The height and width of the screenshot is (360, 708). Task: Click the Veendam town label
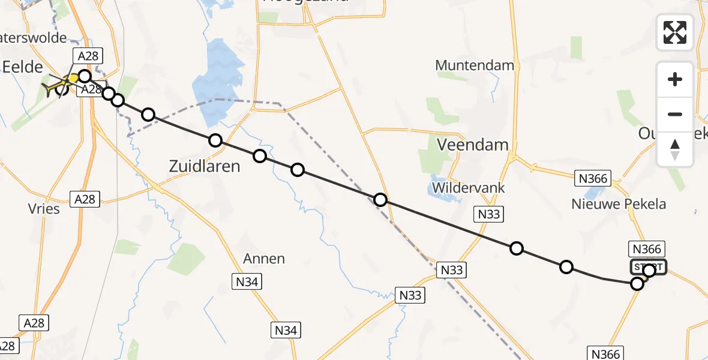click(x=473, y=145)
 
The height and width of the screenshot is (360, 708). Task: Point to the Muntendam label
click(x=475, y=65)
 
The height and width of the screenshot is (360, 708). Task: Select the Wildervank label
click(x=468, y=188)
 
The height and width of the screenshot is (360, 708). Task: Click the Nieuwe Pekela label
click(x=619, y=204)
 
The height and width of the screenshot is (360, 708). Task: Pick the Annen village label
click(x=264, y=259)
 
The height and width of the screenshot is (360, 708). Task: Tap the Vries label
click(x=44, y=209)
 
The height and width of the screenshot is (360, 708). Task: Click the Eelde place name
click(x=22, y=67)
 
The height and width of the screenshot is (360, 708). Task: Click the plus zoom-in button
click(x=675, y=79)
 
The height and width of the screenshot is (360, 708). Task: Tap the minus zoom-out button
click(x=675, y=114)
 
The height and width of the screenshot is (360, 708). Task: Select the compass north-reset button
click(x=675, y=149)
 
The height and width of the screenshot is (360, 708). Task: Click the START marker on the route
click(x=648, y=268)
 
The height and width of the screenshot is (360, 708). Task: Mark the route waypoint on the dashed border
click(x=380, y=200)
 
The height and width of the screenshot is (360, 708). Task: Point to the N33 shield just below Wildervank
click(x=487, y=214)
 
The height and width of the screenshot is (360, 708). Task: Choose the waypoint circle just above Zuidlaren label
click(x=215, y=140)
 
